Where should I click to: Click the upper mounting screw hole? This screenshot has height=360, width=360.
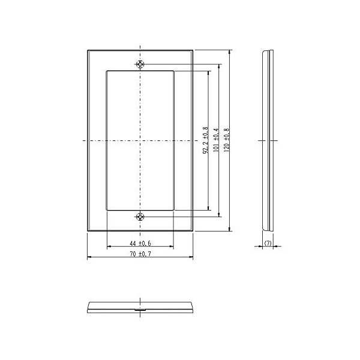click(x=140, y=64)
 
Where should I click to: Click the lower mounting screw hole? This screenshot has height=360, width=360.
click(x=140, y=217)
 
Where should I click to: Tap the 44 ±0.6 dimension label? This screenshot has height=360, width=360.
click(x=140, y=243)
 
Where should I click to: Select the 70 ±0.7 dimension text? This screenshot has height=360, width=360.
click(x=140, y=254)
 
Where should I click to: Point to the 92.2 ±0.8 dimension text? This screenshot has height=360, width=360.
click(x=205, y=140)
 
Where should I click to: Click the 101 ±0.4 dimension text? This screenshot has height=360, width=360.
click(x=216, y=140)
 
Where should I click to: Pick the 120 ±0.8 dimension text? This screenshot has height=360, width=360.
click(x=227, y=140)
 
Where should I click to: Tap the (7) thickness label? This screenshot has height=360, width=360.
click(x=268, y=243)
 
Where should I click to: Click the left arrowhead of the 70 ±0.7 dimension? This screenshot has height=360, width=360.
click(x=89, y=257)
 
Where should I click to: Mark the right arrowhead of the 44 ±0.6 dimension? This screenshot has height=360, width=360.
click(x=172, y=247)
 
